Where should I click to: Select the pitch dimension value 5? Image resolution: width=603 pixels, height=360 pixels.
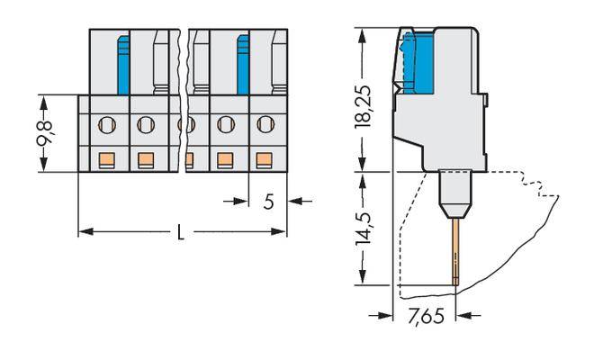[267, 201]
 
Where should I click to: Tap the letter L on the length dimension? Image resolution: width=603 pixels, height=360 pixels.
[181, 232]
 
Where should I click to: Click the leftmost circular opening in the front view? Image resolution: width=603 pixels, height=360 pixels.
[105, 123]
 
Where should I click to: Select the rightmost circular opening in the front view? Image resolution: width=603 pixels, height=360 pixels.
[265, 123]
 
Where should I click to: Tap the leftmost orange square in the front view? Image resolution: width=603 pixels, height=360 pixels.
[105, 160]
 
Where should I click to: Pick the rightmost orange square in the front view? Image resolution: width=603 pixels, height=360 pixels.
[265, 160]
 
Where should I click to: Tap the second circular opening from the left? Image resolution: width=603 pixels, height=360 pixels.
[145, 123]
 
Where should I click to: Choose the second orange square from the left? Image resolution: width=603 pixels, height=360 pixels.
[145, 160]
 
